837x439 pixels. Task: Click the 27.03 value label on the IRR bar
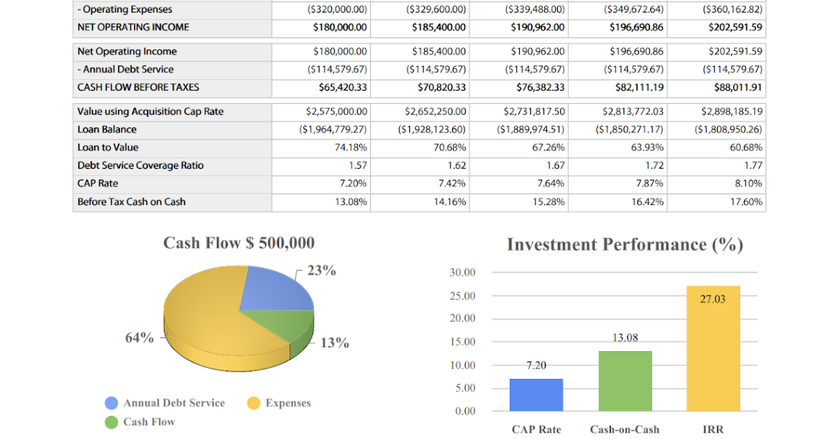pos(713,299)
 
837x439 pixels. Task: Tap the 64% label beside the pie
pos(139,337)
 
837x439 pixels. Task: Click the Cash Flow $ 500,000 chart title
pos(239,242)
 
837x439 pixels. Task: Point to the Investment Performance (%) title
pos(625,245)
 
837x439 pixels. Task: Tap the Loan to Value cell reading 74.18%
pos(351,148)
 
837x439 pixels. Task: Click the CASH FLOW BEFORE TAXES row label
pos(138,88)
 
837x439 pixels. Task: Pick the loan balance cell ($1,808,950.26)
pos(728,130)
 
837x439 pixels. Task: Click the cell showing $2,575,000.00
pos(337,111)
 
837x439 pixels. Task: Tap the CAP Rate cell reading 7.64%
pos(549,184)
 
